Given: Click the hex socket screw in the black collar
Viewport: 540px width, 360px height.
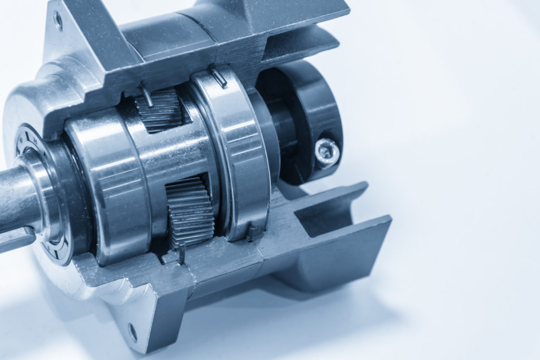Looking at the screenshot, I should coord(327,153).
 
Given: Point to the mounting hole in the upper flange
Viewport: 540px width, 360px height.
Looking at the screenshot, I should coord(58,21).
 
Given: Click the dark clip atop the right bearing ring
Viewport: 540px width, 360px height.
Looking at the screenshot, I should coord(219,76).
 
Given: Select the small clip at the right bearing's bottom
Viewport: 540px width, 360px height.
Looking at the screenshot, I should coord(254,232).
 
